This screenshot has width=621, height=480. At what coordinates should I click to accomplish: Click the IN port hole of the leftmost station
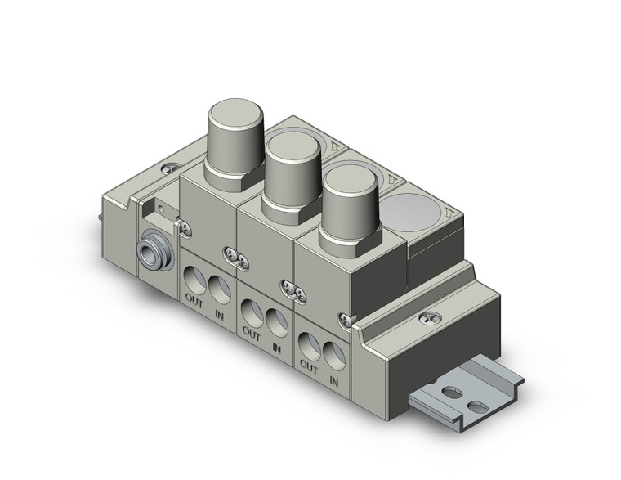(x=218, y=290)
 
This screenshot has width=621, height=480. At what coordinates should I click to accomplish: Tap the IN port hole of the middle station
(x=275, y=320)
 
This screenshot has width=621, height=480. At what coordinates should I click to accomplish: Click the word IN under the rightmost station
(x=333, y=380)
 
